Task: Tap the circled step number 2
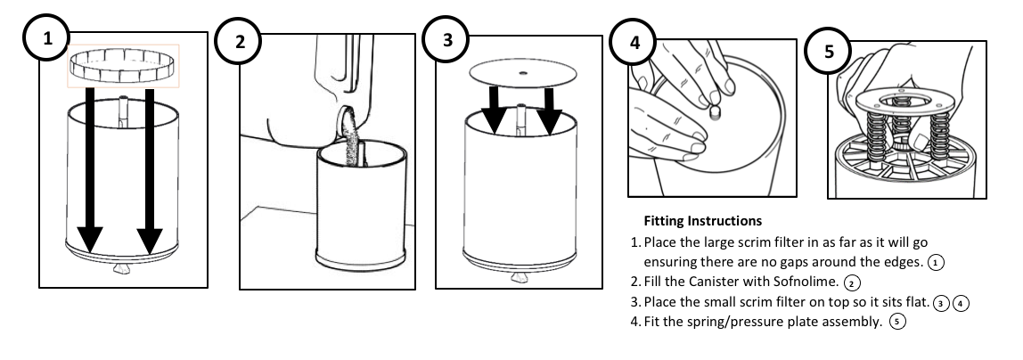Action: click(240, 42)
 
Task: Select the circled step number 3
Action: click(446, 38)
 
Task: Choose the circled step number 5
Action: click(830, 51)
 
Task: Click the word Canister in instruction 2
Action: click(717, 282)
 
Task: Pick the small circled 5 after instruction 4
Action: click(896, 323)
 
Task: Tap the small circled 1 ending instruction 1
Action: click(935, 262)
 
